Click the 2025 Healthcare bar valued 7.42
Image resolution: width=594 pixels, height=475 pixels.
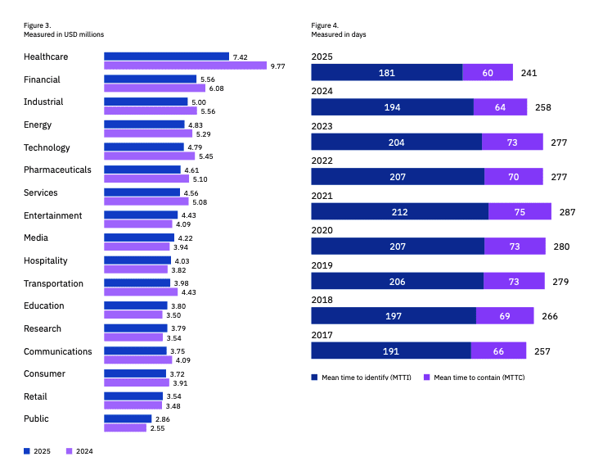[x=166, y=57]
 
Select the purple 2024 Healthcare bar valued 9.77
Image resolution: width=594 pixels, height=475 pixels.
[x=185, y=66]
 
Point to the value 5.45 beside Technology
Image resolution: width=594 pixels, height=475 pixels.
[x=208, y=156]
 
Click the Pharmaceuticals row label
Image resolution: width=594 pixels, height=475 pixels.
[x=57, y=170]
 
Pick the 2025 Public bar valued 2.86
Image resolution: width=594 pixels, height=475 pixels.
[x=128, y=418]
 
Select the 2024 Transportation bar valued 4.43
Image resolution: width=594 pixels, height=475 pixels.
[x=140, y=292]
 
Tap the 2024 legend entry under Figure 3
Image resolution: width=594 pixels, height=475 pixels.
[x=80, y=450]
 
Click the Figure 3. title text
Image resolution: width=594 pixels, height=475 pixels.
[x=37, y=25]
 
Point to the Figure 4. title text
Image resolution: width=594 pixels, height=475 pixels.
[x=325, y=25]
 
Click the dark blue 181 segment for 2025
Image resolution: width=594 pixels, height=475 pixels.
[x=386, y=73]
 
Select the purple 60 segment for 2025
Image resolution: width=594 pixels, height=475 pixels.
[x=488, y=73]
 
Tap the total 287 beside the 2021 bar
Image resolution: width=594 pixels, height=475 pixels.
[x=567, y=211]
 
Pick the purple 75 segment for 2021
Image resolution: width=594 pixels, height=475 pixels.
[x=520, y=211]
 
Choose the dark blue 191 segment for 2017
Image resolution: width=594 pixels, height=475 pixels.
[x=390, y=351]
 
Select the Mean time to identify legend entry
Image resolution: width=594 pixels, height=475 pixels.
[x=362, y=378]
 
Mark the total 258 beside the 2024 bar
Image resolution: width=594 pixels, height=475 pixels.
[x=542, y=107]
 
